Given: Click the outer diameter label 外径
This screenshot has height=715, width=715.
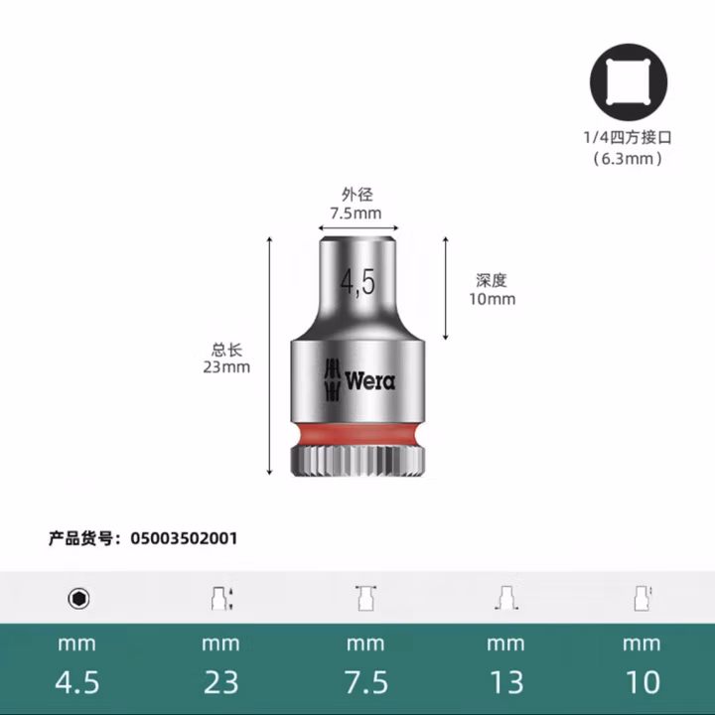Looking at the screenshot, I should [356, 196].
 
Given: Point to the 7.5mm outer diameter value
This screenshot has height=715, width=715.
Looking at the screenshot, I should [356, 214].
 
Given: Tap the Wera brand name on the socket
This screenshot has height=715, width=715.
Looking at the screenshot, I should [370, 380].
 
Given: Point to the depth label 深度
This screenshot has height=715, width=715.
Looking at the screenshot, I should [492, 281].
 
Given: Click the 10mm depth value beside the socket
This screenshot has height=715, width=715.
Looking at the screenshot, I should [492, 299].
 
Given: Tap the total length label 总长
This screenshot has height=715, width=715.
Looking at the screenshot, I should [226, 350].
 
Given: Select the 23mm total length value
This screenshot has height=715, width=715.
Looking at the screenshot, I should [226, 367].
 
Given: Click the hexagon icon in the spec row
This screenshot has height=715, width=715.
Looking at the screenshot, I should [77, 598].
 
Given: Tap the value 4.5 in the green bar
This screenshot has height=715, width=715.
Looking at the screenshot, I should [77, 682].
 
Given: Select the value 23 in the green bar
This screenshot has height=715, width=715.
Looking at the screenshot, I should [220, 682].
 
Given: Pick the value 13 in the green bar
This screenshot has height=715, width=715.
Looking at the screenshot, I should [506, 682].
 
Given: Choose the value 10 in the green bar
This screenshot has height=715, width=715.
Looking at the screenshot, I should [643, 682].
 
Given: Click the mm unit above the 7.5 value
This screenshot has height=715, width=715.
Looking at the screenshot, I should [364, 643].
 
